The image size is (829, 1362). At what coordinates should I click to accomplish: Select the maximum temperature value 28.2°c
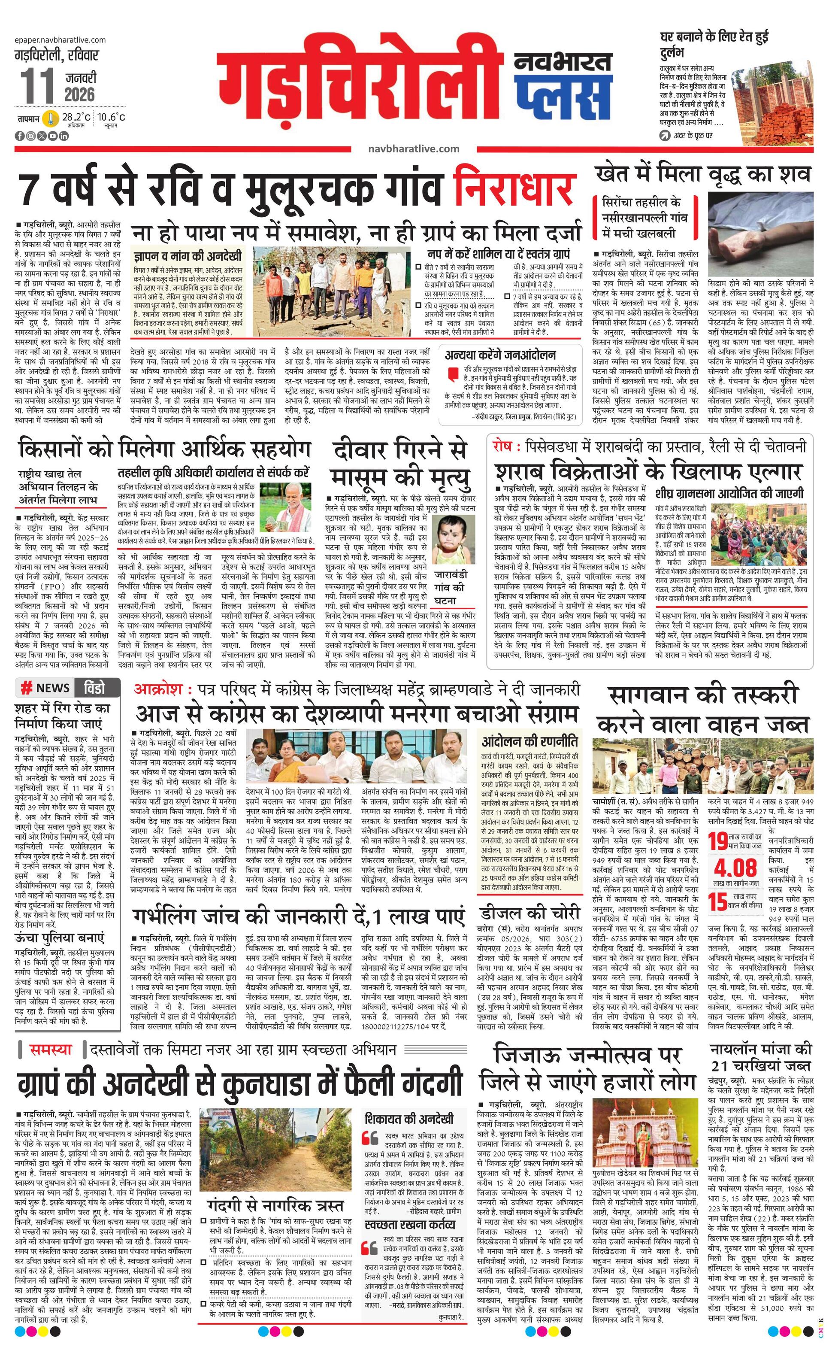coord(76,117)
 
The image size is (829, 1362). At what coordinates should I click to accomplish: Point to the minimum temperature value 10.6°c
coord(111,117)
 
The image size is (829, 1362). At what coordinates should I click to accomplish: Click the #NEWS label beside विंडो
coord(46,688)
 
